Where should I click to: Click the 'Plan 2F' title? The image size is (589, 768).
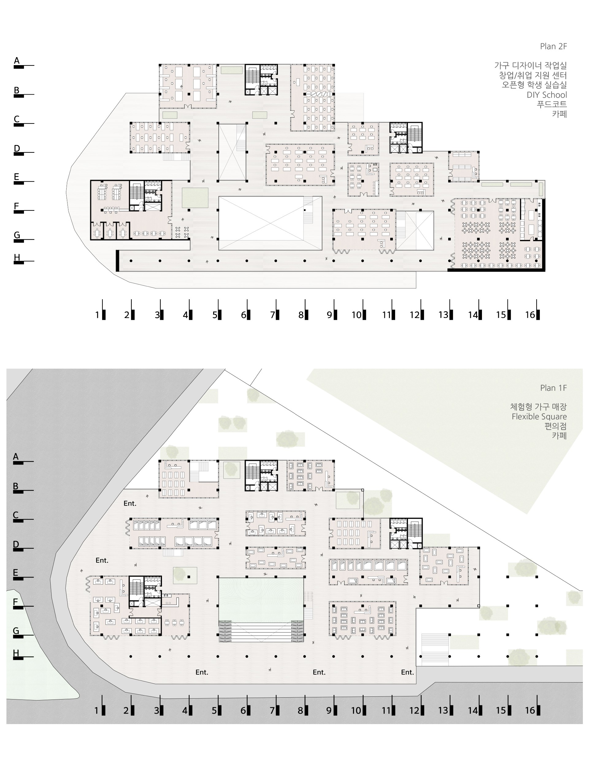click(x=553, y=46)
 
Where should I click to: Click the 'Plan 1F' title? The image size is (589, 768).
click(x=553, y=388)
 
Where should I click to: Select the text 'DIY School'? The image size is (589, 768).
click(x=547, y=95)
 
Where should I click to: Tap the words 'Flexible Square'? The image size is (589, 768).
click(x=539, y=417)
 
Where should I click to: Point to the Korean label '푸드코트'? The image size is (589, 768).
click(x=552, y=104)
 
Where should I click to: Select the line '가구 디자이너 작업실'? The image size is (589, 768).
click(x=530, y=65)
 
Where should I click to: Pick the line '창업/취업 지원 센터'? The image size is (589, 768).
click(x=533, y=75)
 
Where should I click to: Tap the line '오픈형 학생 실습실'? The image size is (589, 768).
click(x=534, y=84)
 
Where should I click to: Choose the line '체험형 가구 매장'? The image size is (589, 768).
click(x=538, y=407)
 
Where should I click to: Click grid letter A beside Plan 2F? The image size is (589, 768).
click(x=17, y=61)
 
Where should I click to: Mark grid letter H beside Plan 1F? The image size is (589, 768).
click(x=16, y=653)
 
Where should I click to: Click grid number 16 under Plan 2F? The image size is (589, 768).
click(x=530, y=315)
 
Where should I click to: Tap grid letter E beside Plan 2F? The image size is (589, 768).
click(x=16, y=177)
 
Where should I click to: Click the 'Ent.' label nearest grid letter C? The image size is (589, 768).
click(x=130, y=503)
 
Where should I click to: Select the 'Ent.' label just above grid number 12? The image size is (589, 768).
click(x=407, y=672)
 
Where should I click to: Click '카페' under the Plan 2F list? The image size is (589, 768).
click(x=560, y=114)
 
